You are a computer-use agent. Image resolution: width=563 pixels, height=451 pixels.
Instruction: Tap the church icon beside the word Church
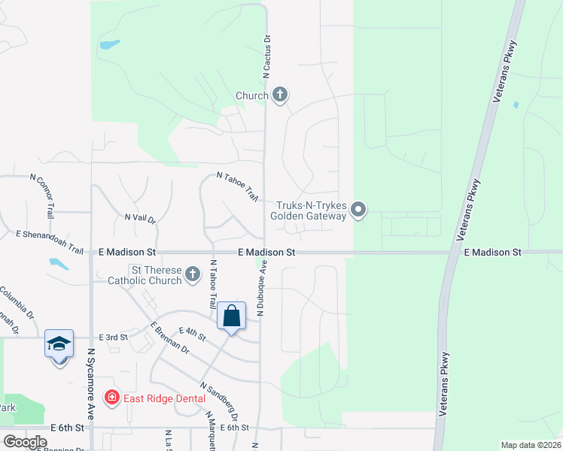[x=280, y=95]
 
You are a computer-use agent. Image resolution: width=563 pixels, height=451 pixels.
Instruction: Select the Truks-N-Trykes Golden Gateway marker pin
[x=358, y=210]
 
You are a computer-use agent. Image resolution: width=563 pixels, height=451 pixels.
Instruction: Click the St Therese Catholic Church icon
[x=193, y=274]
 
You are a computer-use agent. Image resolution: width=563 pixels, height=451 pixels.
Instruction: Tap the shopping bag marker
[x=232, y=316]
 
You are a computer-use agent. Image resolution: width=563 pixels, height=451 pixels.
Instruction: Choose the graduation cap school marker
[x=59, y=345]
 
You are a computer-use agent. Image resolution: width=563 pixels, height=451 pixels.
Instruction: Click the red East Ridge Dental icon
[x=111, y=397]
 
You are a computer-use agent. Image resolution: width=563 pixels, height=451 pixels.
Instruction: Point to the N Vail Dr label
[x=140, y=219]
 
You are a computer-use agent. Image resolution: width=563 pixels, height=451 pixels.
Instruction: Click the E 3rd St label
[x=110, y=337]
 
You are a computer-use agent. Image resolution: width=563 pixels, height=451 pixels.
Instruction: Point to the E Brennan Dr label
[x=170, y=338]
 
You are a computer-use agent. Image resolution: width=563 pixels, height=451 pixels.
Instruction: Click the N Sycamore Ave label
[x=91, y=383]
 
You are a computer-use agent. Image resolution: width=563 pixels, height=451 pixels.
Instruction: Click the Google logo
[x=25, y=442]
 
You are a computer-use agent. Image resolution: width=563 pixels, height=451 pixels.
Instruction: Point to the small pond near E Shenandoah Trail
[x=58, y=264]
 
